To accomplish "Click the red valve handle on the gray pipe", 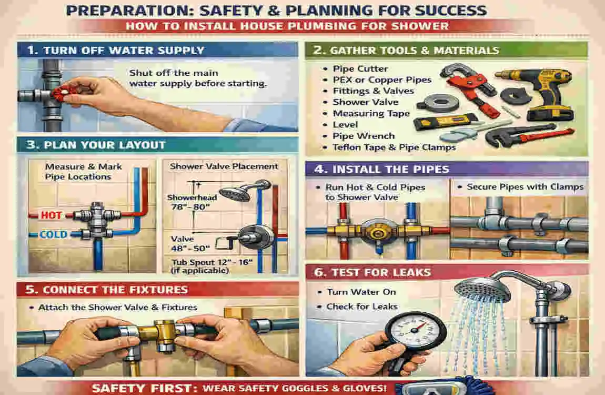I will [62, 94].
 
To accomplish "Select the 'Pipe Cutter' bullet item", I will [360, 68].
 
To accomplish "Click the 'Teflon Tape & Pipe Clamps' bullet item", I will [394, 147].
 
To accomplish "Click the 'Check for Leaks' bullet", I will [362, 307].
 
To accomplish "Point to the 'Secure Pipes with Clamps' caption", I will [525, 186].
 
